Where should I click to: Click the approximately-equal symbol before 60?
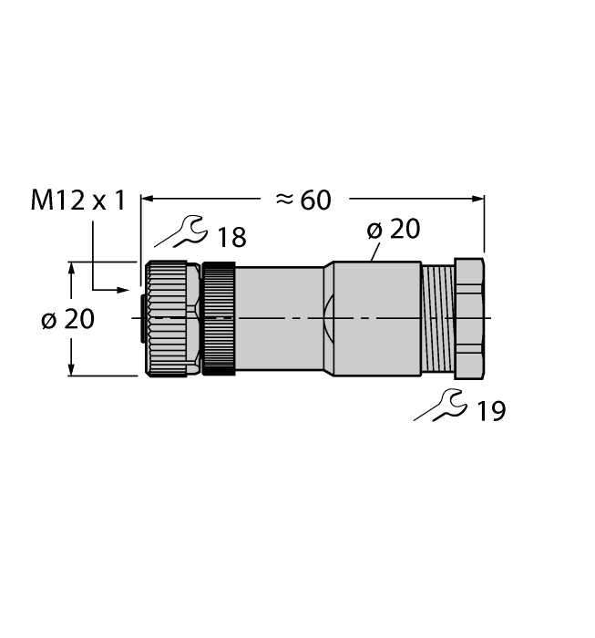click(284, 200)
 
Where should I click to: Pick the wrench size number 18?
click(231, 238)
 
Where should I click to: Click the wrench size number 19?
click(490, 411)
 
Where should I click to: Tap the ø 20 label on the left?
click(68, 320)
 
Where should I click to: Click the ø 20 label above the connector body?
click(394, 229)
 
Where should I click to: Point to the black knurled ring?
click(219, 318)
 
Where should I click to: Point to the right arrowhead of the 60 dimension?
click(477, 198)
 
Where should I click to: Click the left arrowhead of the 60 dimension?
click(146, 198)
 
